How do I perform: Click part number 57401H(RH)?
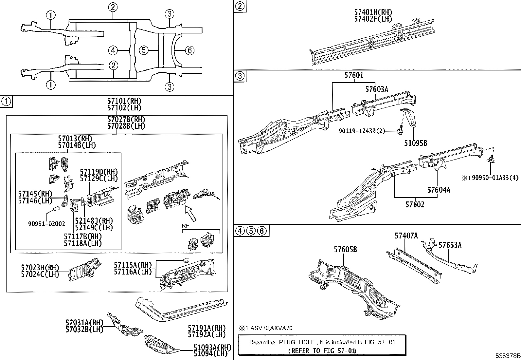tap(373, 12)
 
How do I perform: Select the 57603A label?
tap(377, 89)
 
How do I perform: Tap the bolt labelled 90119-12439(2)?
tap(399, 131)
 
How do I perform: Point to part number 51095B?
tap(415, 143)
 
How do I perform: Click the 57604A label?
tap(439, 190)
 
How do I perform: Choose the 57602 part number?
tap(415, 205)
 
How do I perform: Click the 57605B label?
tap(345, 250)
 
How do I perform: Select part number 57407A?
tap(406, 236)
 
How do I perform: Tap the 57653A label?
tap(450, 245)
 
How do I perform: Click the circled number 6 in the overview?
tap(189, 50)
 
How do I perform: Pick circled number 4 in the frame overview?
tap(113, 50)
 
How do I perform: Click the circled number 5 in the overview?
tap(144, 50)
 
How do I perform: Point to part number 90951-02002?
tap(46, 224)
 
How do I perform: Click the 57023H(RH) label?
tap(40, 268)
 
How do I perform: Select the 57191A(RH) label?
tap(207, 328)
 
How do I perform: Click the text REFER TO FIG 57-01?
tap(322, 351)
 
